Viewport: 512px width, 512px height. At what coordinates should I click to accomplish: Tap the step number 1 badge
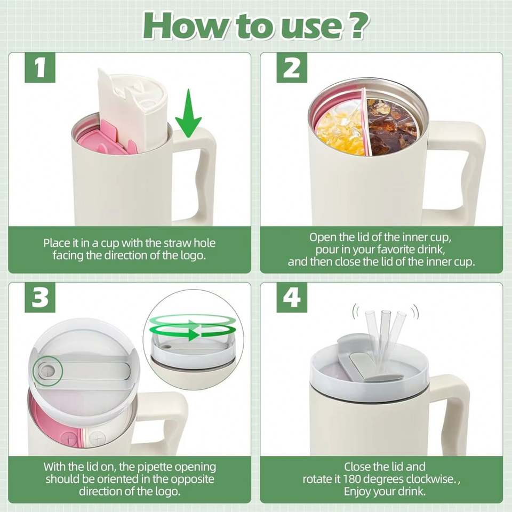(x=40, y=68)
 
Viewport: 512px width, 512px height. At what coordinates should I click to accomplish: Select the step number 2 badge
(x=292, y=68)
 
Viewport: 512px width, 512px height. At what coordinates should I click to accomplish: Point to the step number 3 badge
(x=40, y=298)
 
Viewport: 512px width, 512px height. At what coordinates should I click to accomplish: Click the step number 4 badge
(x=292, y=298)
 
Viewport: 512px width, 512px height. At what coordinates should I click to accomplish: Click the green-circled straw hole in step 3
(x=47, y=371)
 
